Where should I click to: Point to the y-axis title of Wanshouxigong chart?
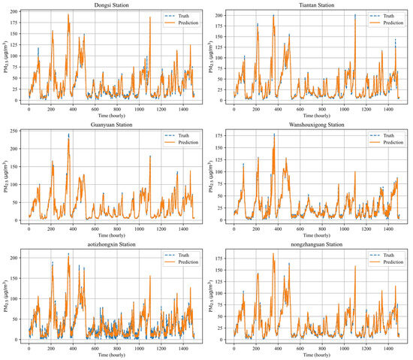[x=210, y=175]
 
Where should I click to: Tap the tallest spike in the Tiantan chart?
[x=355, y=16]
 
